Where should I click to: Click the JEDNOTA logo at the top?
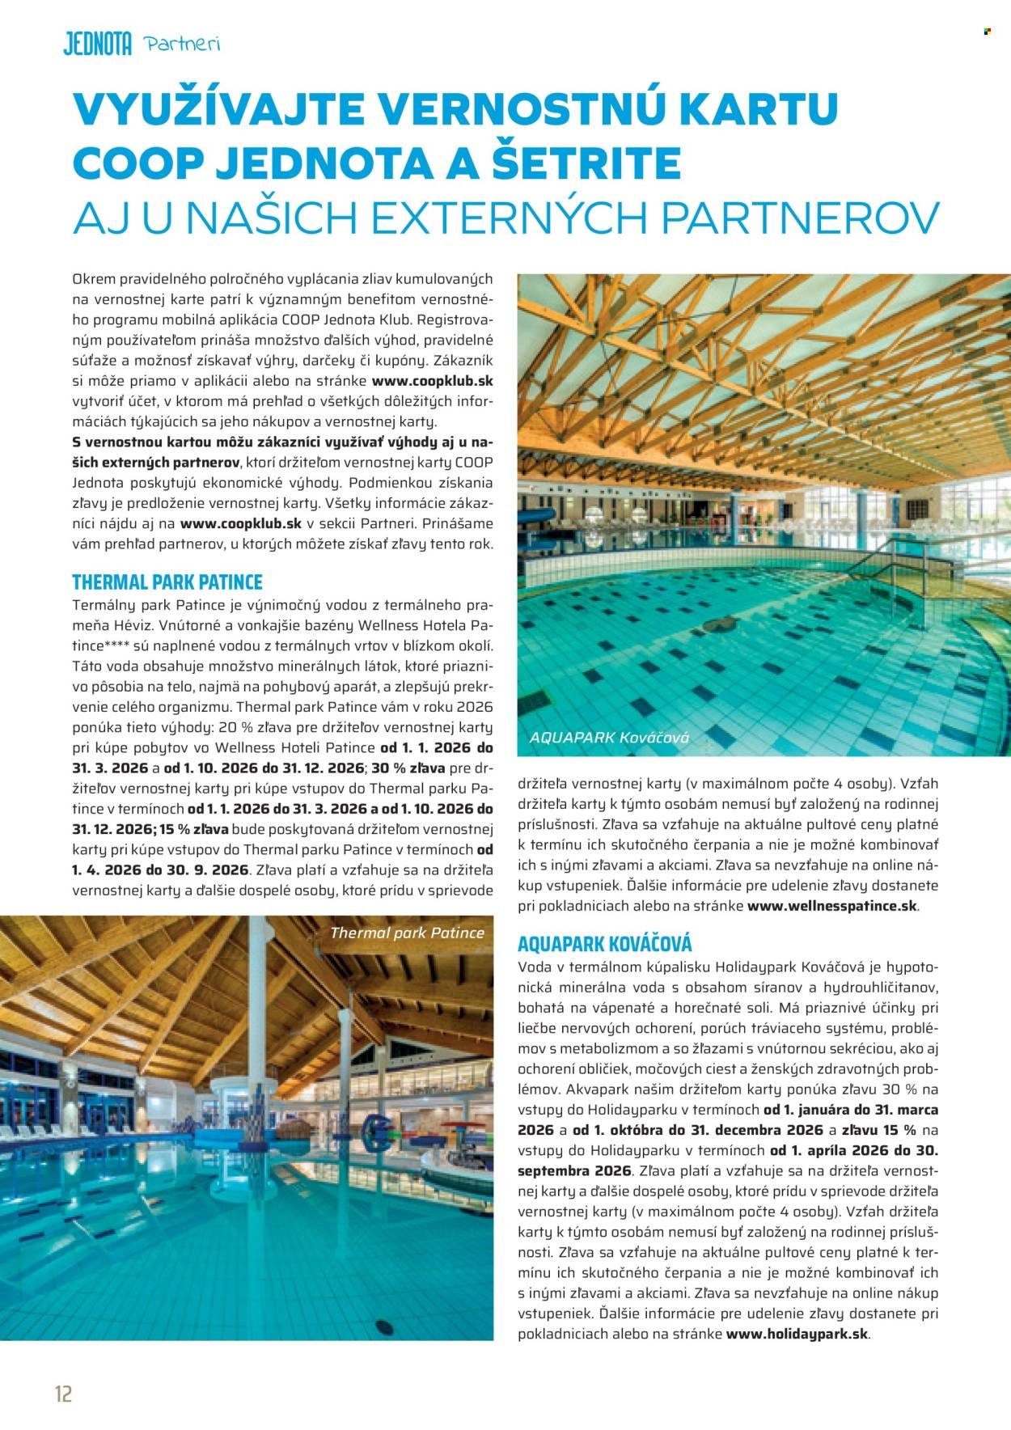click(97, 44)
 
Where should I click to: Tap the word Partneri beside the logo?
click(182, 44)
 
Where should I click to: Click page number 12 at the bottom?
click(63, 1392)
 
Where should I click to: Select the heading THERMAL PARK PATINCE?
click(167, 582)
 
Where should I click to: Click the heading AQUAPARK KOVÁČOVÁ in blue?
click(604, 943)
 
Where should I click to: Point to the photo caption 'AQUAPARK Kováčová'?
click(608, 738)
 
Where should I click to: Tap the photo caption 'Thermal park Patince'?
click(407, 933)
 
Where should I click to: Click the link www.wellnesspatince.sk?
click(831, 906)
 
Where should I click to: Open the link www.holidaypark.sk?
click(797, 1334)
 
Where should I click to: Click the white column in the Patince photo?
click(345, 1051)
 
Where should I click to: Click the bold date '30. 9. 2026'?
click(207, 869)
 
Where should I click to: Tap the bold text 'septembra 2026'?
click(574, 1170)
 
